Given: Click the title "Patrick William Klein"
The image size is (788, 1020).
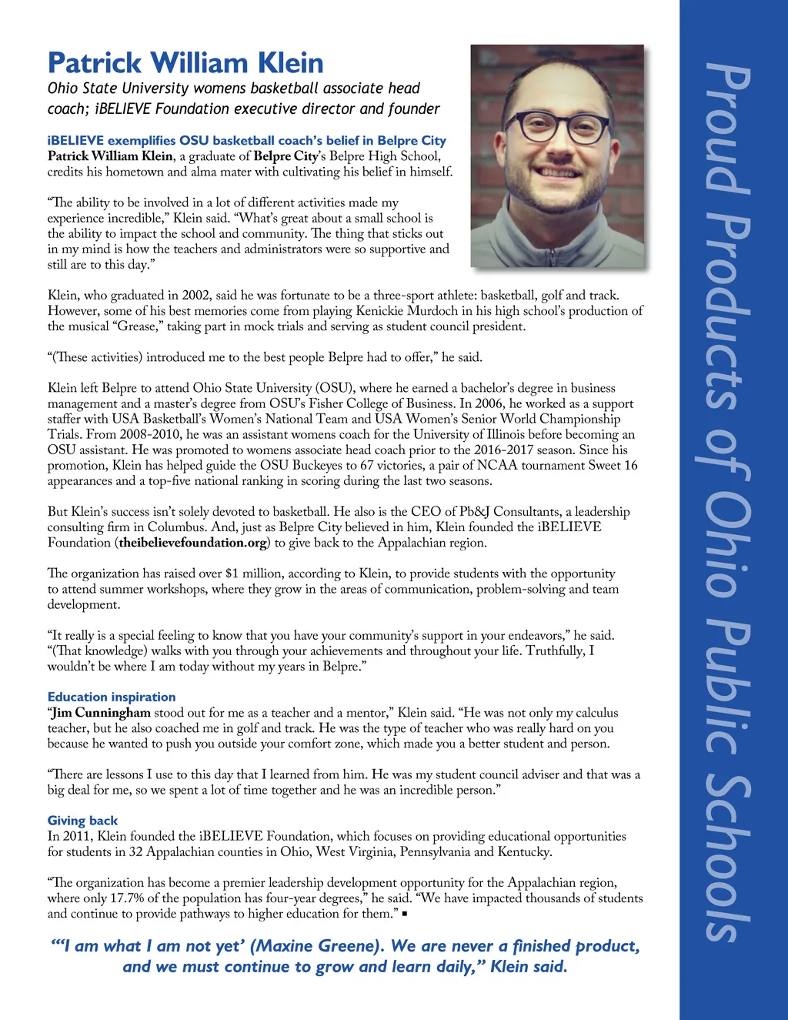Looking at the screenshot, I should click(x=185, y=63).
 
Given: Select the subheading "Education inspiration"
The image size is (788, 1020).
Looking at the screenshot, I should click(x=112, y=697).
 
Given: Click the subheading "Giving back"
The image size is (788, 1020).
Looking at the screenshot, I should click(x=82, y=821).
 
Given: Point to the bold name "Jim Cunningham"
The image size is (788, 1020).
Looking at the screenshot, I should click(x=101, y=713).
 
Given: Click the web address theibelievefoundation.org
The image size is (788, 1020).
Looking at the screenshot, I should click(x=193, y=543).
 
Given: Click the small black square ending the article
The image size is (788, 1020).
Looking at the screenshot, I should click(x=405, y=915).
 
